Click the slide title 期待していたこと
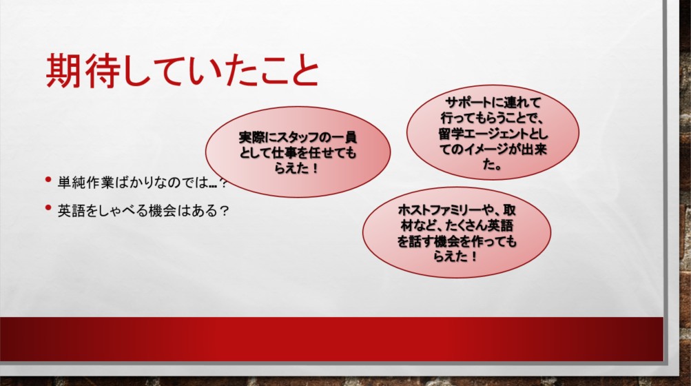pyautogui.click(x=183, y=70)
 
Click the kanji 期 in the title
pyautogui.click(x=63, y=70)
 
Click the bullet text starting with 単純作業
pyautogui.click(x=143, y=182)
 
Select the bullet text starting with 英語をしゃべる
pyautogui.click(x=143, y=210)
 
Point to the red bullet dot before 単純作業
pyautogui.click(x=48, y=179)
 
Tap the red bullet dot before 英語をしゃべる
pyautogui.click(x=48, y=207)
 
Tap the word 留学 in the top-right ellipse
pyautogui.click(x=449, y=134)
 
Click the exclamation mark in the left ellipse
pyautogui.click(x=315, y=168)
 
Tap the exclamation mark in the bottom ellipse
pyautogui.click(x=474, y=256)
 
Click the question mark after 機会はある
pyautogui.click(x=224, y=211)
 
